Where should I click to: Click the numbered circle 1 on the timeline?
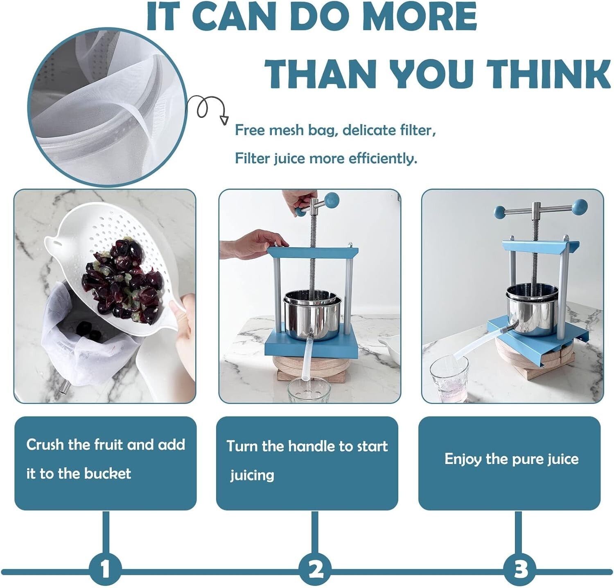pos(105,569)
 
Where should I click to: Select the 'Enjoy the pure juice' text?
pos(511,459)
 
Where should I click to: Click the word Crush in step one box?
pos(45,444)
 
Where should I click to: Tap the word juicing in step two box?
pos(252,475)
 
